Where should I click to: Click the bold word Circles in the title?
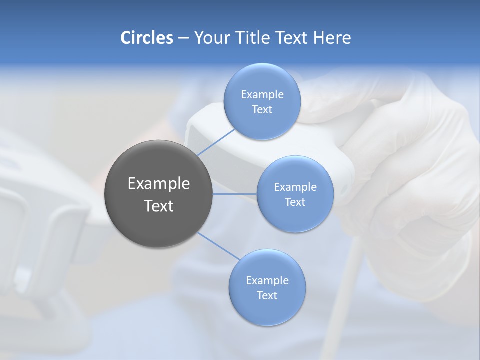146,38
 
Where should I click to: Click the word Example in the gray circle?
159,184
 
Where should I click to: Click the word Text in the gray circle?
159,206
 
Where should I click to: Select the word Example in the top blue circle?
262,95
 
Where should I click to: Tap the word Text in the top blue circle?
262,110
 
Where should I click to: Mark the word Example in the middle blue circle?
295,187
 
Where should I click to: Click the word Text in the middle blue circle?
295,202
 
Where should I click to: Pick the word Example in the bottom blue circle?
267,281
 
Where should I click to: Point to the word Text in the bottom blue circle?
267,296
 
